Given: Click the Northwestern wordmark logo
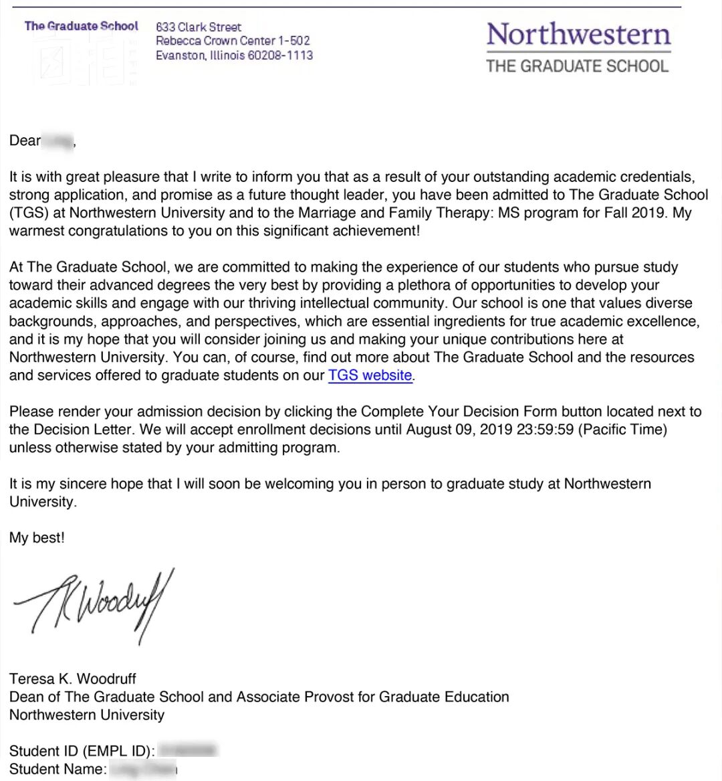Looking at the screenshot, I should pos(578,34).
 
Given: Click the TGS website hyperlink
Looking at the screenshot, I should pos(370,375).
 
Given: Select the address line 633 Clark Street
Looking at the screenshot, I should pos(198,27).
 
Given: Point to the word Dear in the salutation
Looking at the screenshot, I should pos(25,141).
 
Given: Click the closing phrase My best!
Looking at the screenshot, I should pos(37,538).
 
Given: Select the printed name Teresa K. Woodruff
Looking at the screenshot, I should pos(73,679).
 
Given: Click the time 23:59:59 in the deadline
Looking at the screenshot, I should pos(545,430).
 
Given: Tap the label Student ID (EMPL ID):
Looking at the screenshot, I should pos(82,752).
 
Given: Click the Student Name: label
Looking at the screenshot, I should pos(58,770).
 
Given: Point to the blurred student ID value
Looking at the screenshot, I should pos(189,751).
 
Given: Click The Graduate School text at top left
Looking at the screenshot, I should pos(81,26).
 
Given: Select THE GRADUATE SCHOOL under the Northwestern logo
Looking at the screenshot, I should pos(577,66).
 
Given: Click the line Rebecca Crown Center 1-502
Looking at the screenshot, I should pos(233,41).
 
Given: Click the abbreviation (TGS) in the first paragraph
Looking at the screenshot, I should pos(27,213).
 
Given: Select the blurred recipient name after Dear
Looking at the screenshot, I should pos(58,141).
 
